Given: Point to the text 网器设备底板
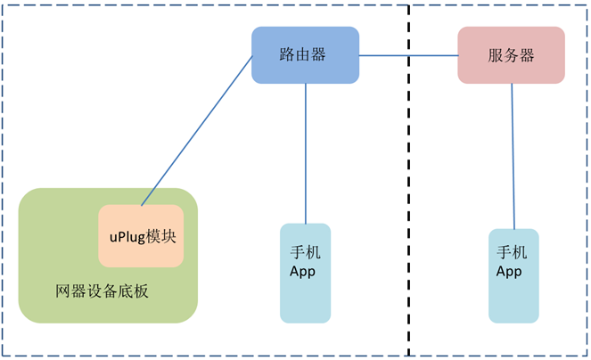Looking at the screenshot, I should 101,291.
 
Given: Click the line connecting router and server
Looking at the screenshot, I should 408,55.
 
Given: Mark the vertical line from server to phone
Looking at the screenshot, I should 513,156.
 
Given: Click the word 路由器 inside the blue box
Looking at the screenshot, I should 303,54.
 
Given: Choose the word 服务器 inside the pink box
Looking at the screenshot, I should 511,54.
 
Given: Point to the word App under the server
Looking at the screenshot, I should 509,271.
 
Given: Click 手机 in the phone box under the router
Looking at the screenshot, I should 305,252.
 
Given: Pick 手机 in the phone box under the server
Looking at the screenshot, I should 512,252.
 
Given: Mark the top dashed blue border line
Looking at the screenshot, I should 134,4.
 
